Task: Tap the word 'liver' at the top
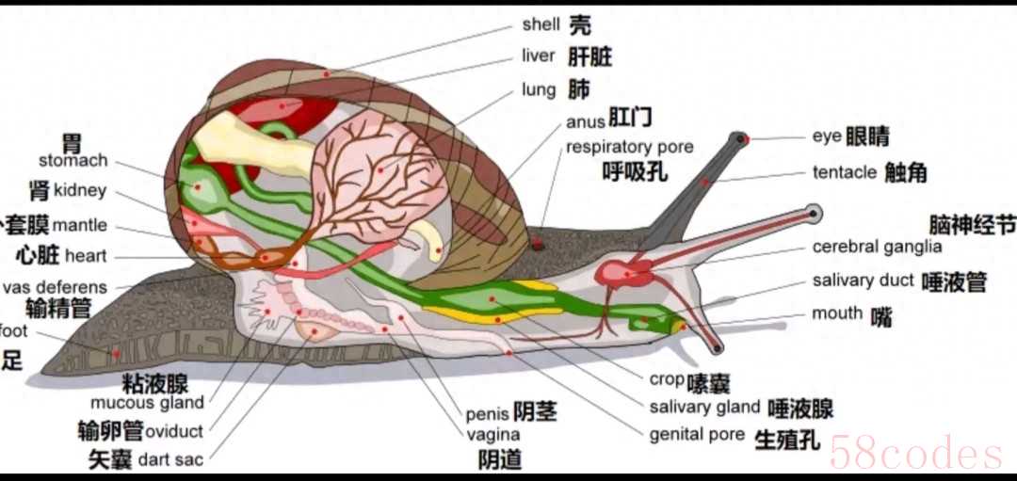pos(538,56)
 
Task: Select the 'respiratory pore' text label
pos(629,147)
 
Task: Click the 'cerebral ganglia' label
pos(877,247)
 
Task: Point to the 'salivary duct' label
pos(864,281)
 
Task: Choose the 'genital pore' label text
pos(697,435)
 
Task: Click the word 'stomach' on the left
pos(73,161)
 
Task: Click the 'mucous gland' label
pos(147,403)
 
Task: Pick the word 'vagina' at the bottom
pos(493,435)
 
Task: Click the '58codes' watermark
pos(915,454)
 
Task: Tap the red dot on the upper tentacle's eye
pos(742,139)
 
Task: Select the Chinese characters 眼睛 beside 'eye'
pos(866,136)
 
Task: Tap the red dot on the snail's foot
pos(116,354)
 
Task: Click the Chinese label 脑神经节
pos(972,225)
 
